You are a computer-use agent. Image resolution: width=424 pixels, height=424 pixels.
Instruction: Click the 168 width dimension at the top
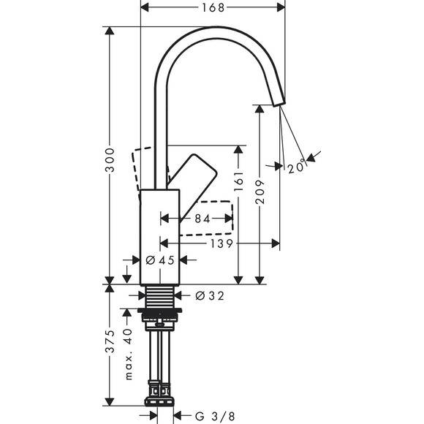(212, 7)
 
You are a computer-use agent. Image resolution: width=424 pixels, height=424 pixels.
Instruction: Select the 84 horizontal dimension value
(202, 219)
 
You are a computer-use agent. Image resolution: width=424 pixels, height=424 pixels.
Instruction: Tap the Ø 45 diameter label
(159, 260)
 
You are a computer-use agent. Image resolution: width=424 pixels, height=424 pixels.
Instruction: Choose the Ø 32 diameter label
(209, 296)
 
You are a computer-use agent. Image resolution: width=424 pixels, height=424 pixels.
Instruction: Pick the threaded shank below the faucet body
(159, 296)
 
